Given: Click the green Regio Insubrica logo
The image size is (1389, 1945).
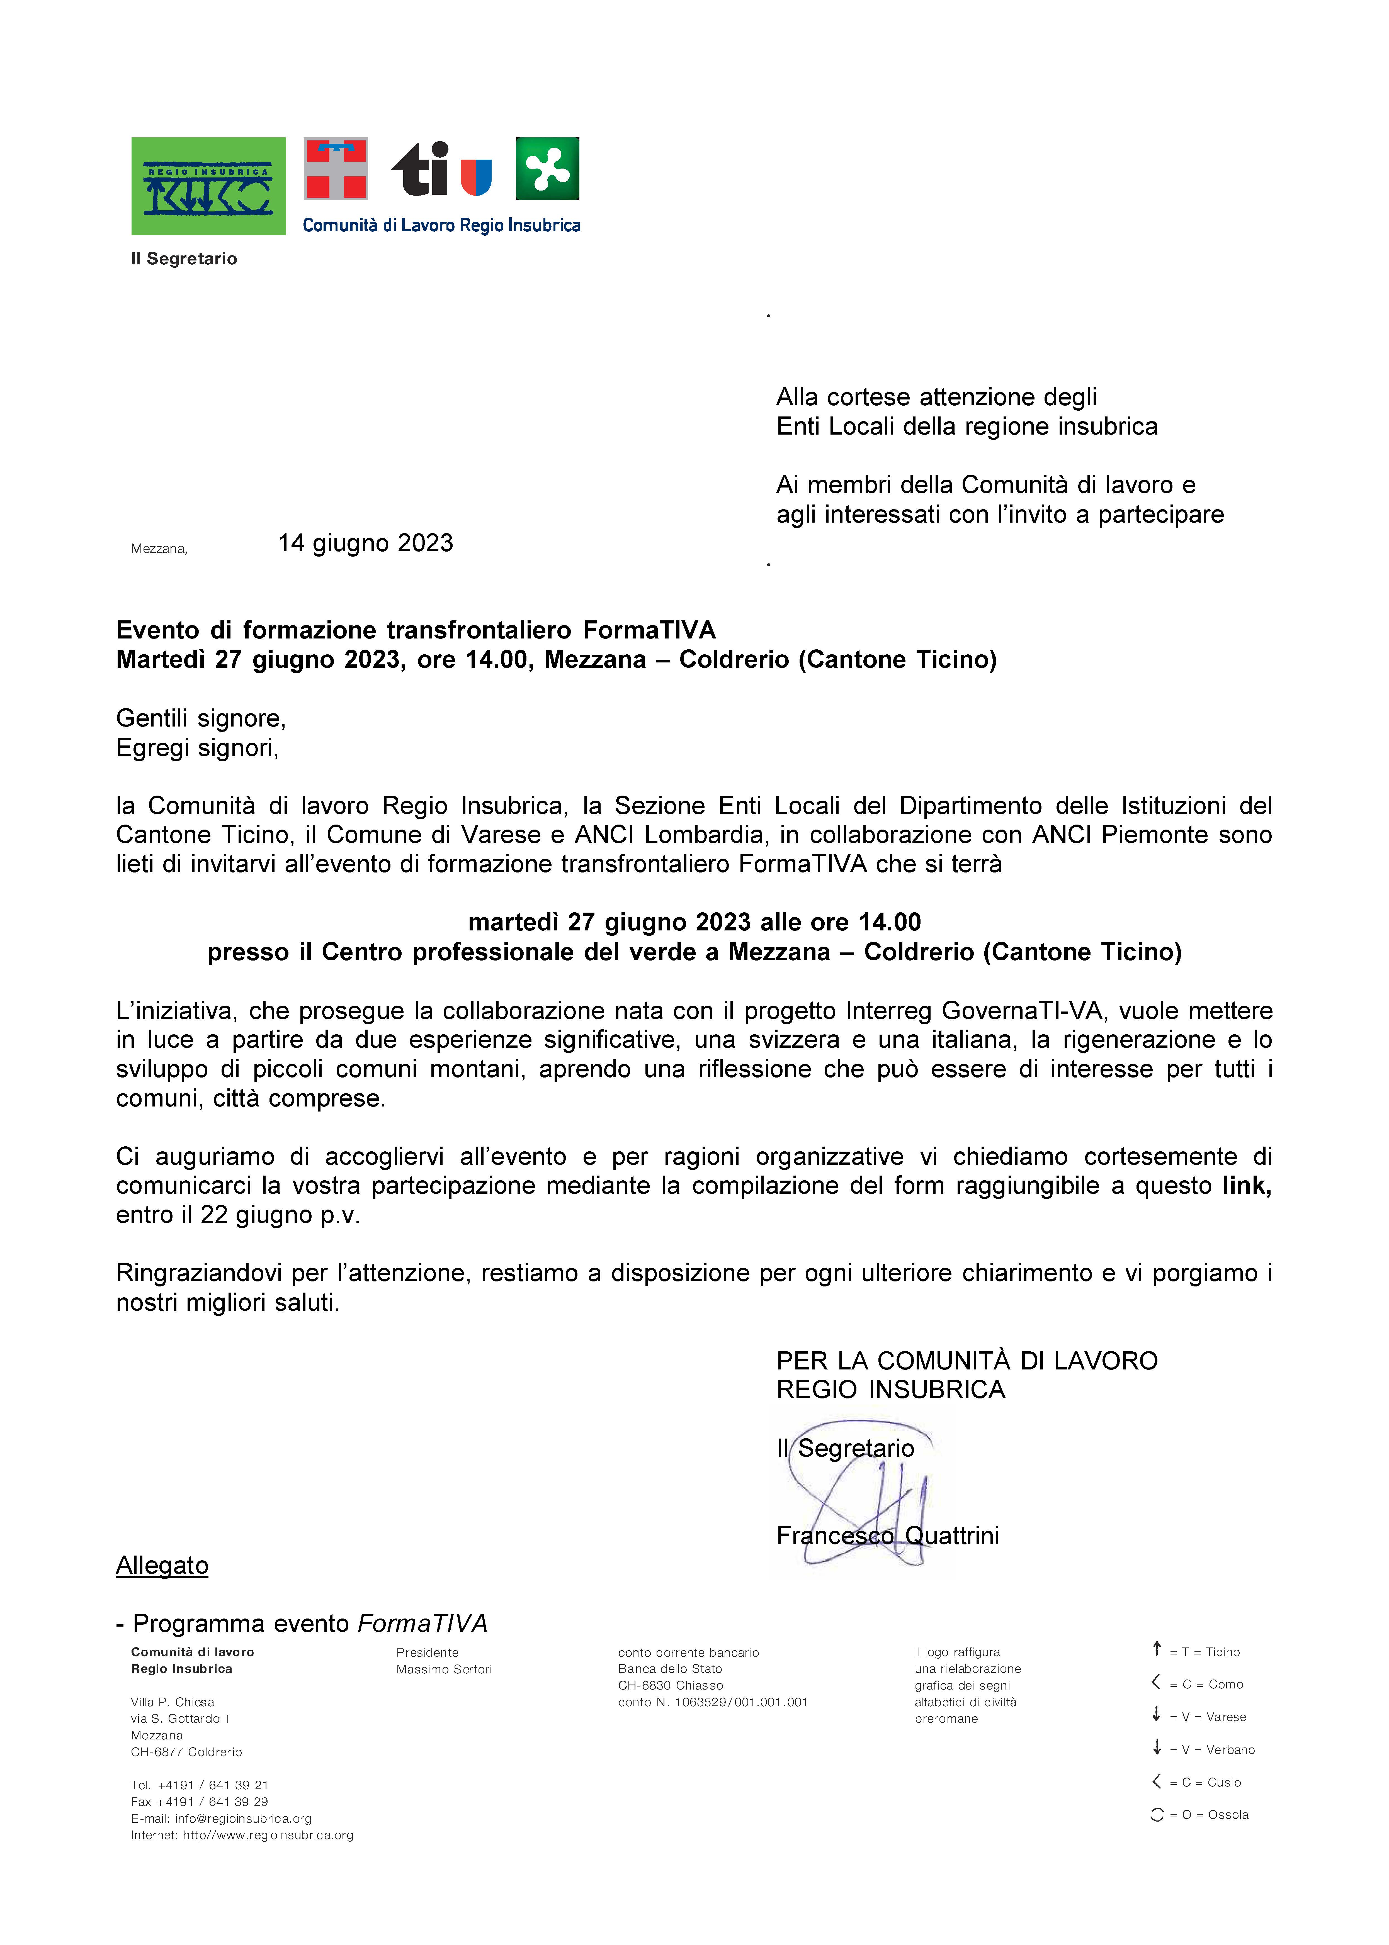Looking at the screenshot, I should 208,186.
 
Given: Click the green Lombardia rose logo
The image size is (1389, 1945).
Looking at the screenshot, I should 547,169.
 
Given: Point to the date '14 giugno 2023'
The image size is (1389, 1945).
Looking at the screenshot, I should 365,543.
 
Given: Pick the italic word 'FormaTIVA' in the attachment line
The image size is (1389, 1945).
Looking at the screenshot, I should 422,1624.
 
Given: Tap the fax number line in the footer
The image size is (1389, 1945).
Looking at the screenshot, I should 199,1801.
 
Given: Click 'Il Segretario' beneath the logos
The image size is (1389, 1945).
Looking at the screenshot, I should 184,258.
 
